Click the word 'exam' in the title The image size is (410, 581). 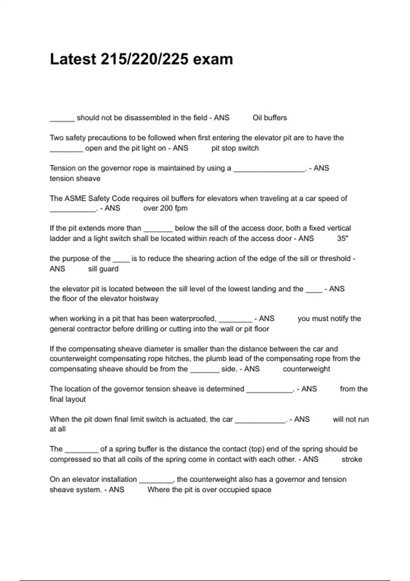pyautogui.click(x=213, y=59)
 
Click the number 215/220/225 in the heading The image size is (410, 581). pyautogui.click(x=144, y=59)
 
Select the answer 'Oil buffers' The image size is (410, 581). pyautogui.click(x=270, y=118)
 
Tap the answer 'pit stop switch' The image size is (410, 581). pyautogui.click(x=235, y=148)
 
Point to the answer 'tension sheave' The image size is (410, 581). pyautogui.click(x=75, y=178)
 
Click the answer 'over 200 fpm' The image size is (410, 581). pyautogui.click(x=165, y=208)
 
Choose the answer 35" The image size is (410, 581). pyautogui.click(x=342, y=239)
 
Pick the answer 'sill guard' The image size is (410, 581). pyautogui.click(x=103, y=269)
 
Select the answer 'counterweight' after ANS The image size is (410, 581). pyautogui.click(x=306, y=369)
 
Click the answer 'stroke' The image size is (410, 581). pyautogui.click(x=352, y=459)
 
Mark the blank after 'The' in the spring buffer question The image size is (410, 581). pyautogui.click(x=81, y=451)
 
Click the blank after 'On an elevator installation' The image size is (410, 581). pyautogui.click(x=156, y=481)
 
